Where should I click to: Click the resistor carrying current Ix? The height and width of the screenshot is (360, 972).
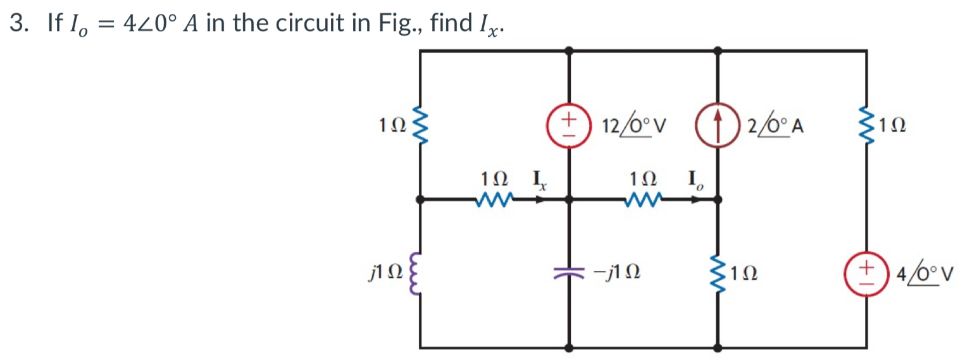pyautogui.click(x=496, y=200)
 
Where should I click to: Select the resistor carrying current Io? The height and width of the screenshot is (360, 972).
pyautogui.click(x=645, y=200)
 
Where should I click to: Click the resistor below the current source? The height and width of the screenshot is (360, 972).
pyautogui.click(x=718, y=273)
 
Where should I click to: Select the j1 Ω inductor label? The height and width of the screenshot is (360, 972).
pyautogui.click(x=384, y=274)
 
